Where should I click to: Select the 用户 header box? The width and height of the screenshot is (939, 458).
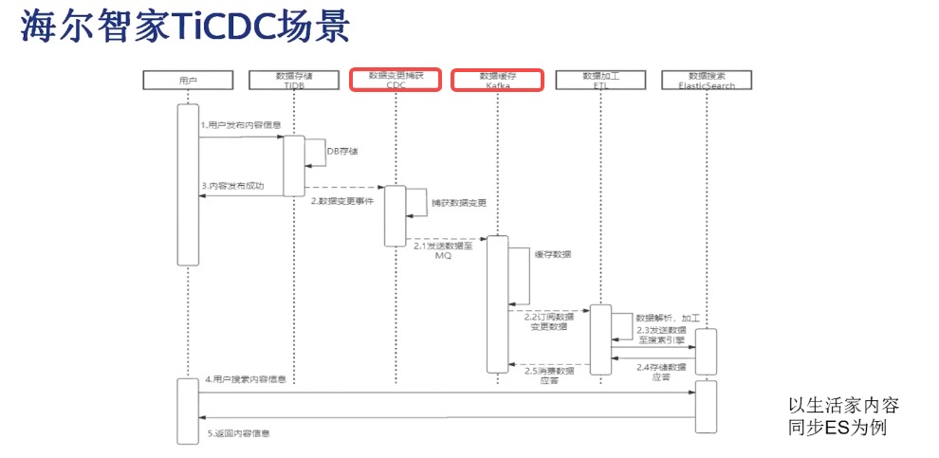tap(188, 80)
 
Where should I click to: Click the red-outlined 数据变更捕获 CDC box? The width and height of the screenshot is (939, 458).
tap(396, 80)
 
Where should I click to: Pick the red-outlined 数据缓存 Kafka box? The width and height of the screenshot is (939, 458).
tap(497, 80)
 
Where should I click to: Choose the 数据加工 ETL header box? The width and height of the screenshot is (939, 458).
tap(599, 80)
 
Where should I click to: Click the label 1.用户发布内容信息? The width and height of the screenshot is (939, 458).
tap(240, 125)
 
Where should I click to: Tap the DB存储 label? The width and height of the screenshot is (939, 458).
tap(342, 151)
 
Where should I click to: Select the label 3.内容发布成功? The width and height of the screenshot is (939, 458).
tap(233, 186)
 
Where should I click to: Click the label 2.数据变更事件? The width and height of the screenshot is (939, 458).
tap(342, 202)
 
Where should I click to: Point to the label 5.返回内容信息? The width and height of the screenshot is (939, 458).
tap(238, 433)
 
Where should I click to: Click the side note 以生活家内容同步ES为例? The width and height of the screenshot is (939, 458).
tap(842, 416)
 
